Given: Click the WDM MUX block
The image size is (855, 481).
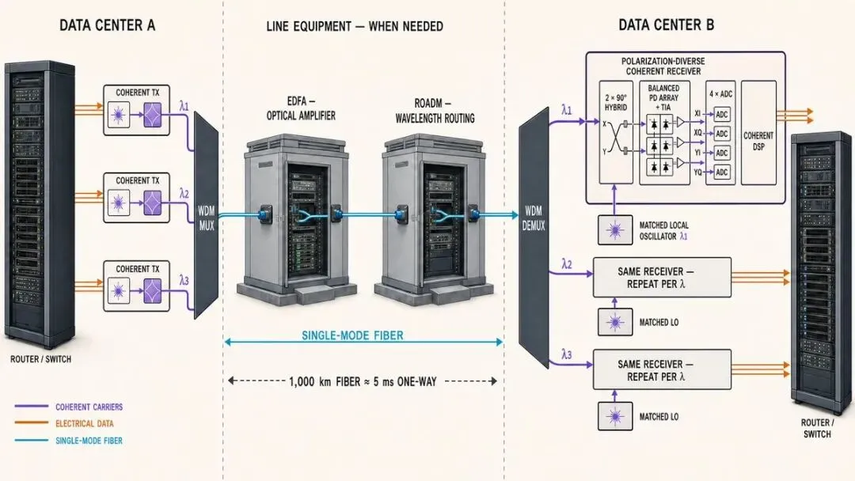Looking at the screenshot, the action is tap(206, 216).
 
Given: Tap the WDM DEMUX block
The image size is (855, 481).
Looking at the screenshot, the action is tap(534, 237).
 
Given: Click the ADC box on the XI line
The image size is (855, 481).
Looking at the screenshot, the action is tap(721, 115).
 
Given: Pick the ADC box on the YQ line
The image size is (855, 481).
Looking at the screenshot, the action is tap(721, 172).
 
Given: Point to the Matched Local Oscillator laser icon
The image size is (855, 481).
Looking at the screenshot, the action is tap(615, 230).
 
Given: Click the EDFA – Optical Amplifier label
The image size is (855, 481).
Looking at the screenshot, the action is tap(301, 108).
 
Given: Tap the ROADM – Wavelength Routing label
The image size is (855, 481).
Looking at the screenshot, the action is tap(435, 111).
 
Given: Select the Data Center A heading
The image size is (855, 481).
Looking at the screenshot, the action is tap(108, 25).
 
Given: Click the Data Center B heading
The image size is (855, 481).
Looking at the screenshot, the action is tap(666, 25).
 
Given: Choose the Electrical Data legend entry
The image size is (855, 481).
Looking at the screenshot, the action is tap(85, 423).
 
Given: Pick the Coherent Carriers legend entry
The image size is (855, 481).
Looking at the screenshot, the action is tap(89, 407).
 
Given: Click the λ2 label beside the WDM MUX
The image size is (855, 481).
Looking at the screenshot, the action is tap(184, 194).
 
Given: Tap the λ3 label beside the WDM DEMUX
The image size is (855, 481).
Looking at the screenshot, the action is tap(567, 354).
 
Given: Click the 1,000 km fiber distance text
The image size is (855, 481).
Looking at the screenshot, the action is tap(363, 381).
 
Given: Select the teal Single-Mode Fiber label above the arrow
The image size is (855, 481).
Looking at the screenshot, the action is tap(353, 335).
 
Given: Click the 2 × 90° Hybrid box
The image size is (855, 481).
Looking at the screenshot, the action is tap(616, 132).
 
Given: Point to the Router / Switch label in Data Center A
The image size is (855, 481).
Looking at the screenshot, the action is tap(41, 359).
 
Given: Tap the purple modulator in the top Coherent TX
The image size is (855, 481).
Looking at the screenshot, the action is tap(153, 115).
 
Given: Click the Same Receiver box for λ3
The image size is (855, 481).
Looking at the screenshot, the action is tap(662, 370).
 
